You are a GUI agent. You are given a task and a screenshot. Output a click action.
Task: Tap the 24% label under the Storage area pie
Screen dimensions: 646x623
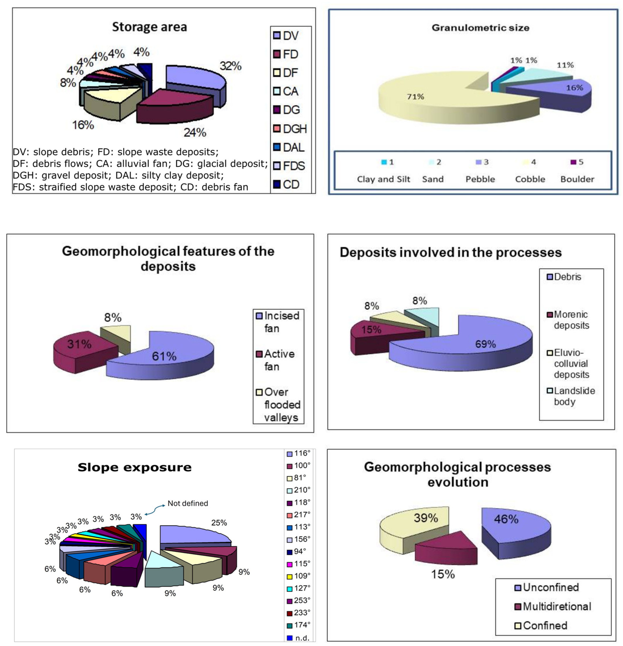coord(195,133)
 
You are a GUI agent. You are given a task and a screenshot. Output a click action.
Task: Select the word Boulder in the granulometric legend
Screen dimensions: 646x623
coord(577,179)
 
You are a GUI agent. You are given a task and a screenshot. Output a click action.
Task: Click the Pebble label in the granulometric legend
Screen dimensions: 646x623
coord(480,179)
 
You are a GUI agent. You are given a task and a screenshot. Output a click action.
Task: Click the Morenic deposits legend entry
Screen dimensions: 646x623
coord(571,320)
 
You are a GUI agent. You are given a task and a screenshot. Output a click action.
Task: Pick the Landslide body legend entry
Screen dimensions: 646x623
coord(574,396)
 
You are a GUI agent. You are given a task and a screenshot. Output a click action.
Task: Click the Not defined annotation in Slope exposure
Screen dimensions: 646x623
coord(187,503)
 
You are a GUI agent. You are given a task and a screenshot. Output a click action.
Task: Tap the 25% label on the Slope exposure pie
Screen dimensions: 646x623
coord(219,523)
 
